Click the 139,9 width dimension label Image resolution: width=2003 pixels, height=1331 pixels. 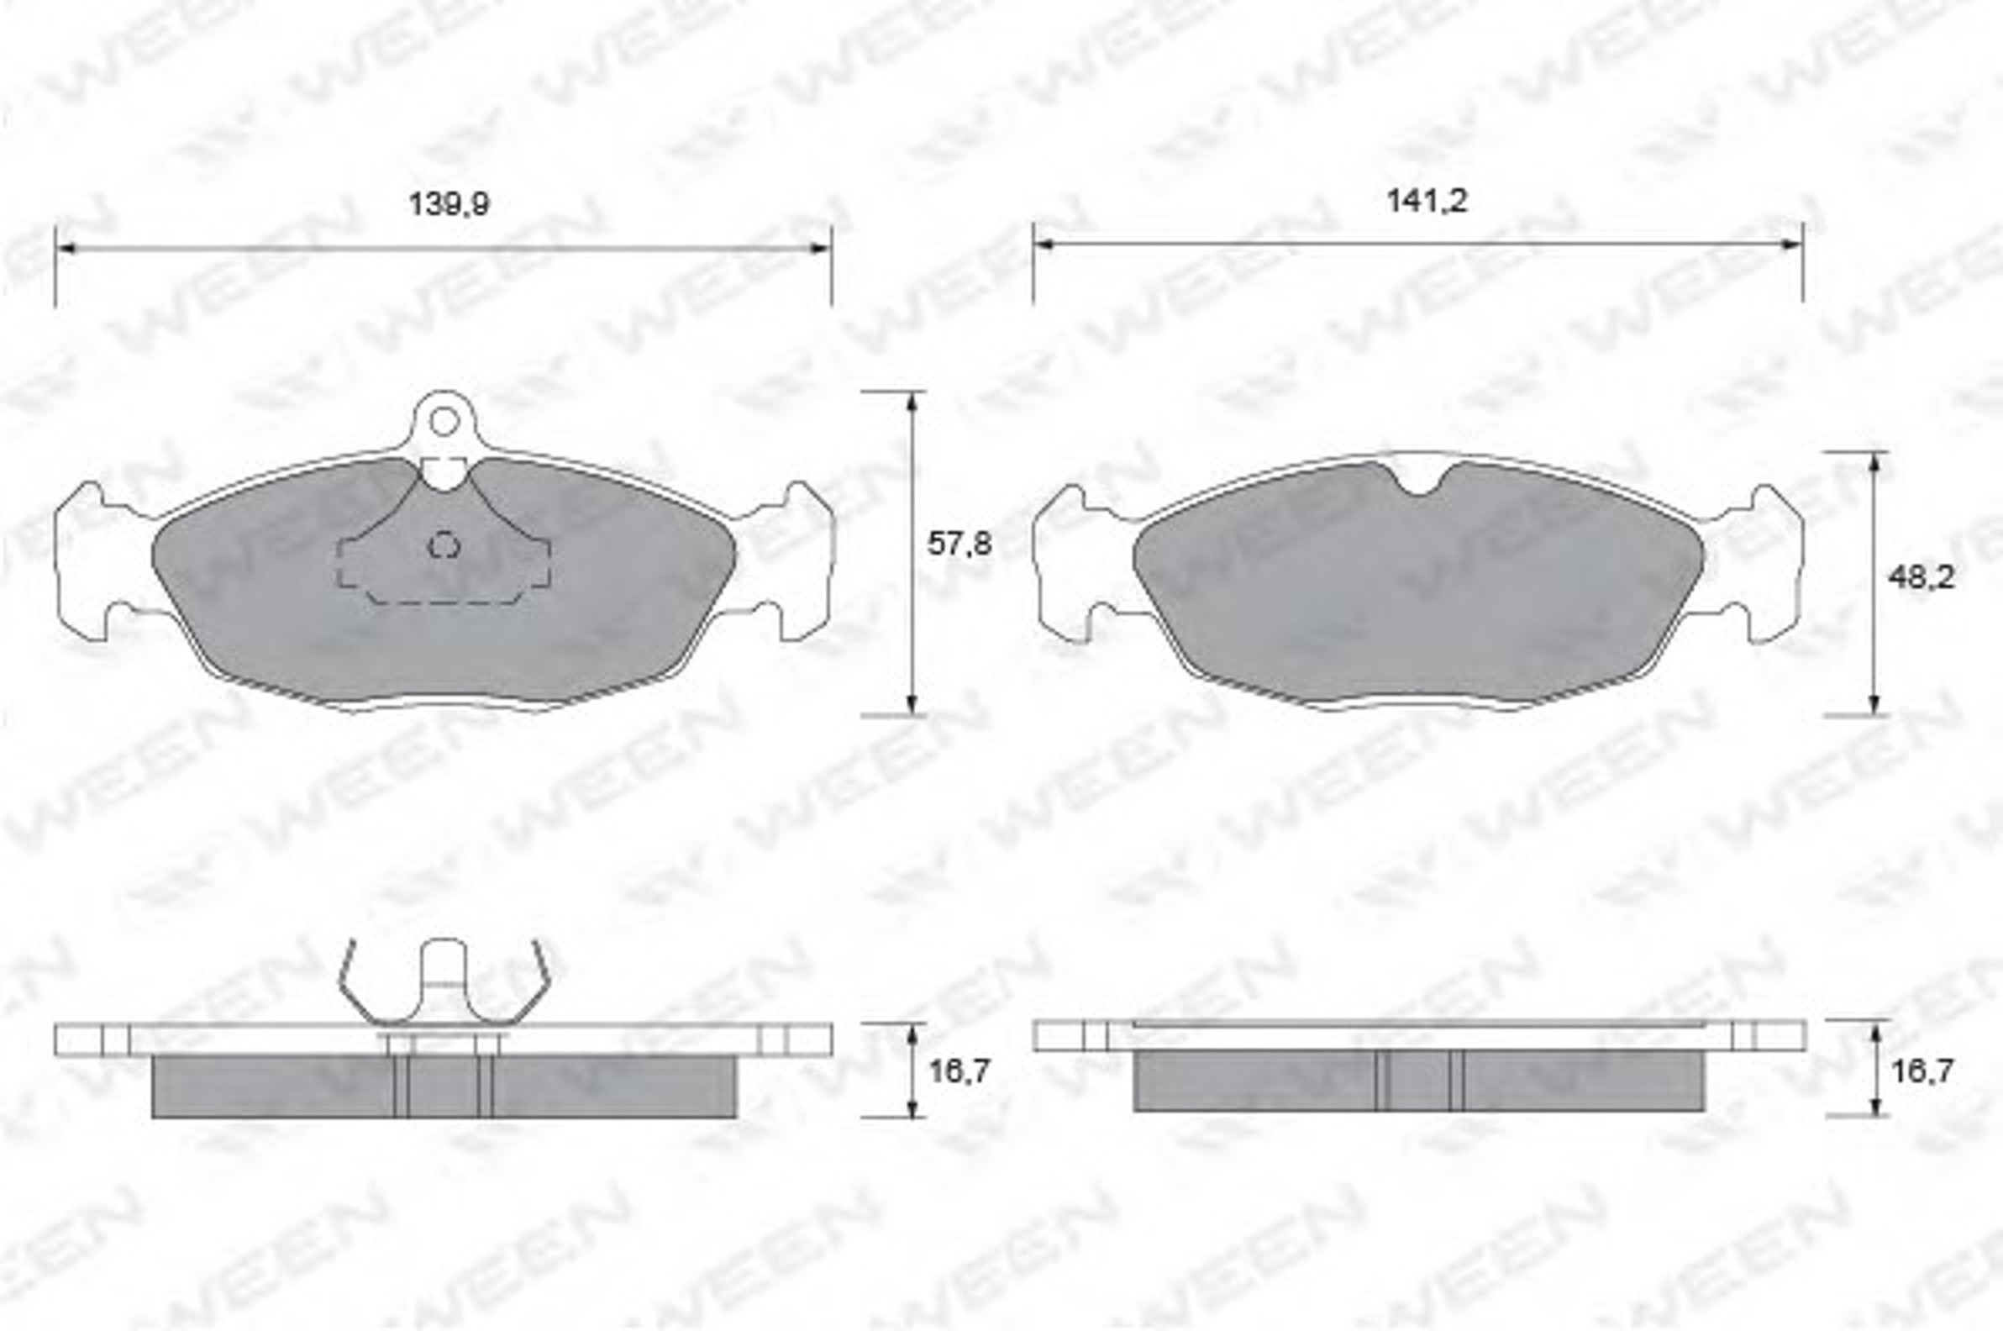(449, 204)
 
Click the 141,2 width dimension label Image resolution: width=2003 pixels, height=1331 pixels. (1427, 201)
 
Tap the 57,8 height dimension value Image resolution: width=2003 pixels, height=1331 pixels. (959, 544)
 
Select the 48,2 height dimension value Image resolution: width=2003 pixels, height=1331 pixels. (1920, 577)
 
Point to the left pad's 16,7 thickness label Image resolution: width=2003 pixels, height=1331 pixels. (959, 1071)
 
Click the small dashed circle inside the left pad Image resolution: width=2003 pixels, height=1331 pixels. (444, 545)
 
